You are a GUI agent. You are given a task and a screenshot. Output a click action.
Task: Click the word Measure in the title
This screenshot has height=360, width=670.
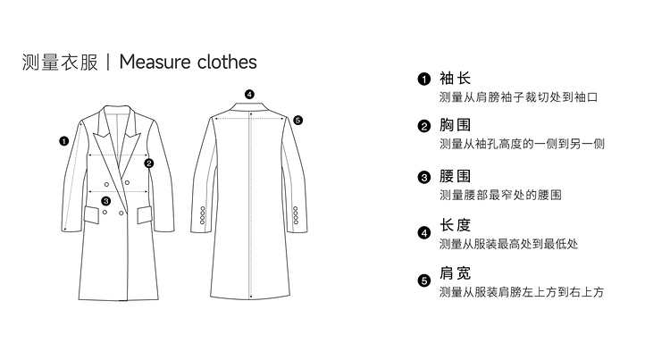157,62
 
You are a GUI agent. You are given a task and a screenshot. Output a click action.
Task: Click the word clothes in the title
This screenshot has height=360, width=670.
228,62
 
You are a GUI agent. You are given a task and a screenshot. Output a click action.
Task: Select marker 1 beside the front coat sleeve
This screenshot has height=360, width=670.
64,140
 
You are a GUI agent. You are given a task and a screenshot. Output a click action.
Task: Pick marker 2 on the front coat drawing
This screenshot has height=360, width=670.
149,163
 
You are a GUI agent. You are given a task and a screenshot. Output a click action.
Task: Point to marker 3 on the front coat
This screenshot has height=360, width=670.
106,201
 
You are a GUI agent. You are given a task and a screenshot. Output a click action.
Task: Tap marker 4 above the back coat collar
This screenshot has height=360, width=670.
249,94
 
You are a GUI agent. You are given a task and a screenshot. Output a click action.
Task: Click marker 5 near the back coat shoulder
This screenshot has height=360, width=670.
297,120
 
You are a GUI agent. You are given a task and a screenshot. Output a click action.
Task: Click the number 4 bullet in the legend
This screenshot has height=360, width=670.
423,233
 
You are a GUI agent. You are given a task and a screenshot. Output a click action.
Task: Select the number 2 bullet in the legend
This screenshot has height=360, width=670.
423,127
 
